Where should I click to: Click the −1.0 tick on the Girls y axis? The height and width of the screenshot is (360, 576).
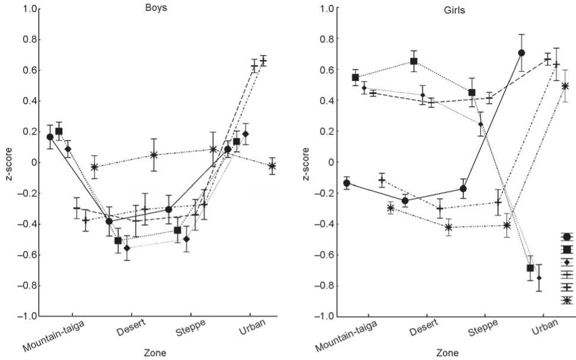click(x=326, y=316)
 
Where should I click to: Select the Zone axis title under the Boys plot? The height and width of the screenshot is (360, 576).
click(x=155, y=352)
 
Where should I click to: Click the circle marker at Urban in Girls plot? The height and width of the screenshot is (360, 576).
click(x=521, y=53)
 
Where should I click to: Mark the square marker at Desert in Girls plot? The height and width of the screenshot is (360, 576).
click(x=414, y=61)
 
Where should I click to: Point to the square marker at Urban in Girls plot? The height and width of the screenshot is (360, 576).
click(x=530, y=268)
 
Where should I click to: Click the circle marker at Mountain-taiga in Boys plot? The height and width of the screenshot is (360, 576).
click(x=50, y=137)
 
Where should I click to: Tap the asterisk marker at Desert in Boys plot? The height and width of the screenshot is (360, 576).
click(x=154, y=155)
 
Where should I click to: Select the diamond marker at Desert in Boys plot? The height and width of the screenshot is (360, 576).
click(x=126, y=248)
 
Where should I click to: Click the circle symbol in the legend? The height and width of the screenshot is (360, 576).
click(x=566, y=236)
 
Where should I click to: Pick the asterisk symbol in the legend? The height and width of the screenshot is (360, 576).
click(x=566, y=301)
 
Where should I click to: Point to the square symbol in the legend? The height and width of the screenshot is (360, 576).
click(x=566, y=249)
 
